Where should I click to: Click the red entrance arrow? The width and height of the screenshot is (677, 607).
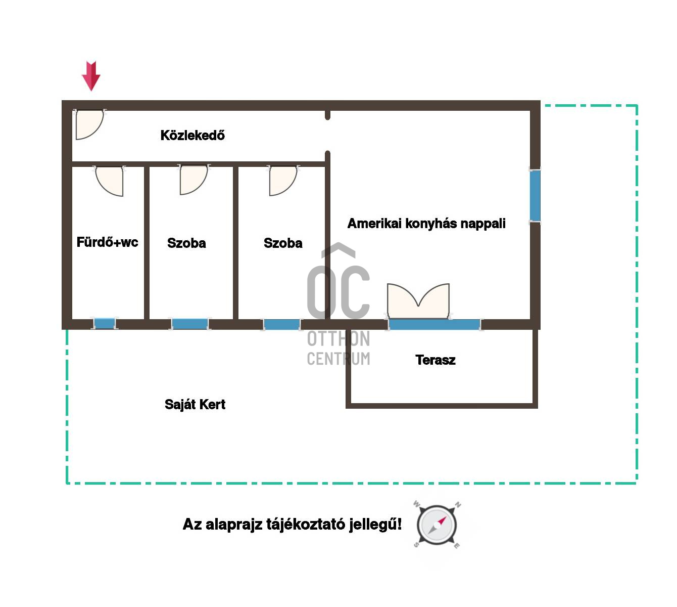pos(91,76)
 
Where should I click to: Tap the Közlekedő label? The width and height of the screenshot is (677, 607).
pos(192,135)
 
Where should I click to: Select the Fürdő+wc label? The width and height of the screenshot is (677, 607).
pos(107,242)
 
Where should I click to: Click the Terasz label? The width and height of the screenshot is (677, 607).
pos(435,360)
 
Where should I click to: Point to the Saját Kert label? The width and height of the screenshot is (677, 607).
pos(195,404)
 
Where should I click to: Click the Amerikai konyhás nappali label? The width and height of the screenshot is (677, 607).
pos(426,224)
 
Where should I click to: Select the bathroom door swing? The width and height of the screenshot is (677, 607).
pos(109,181)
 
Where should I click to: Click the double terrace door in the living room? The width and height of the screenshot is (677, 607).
pos(418,301)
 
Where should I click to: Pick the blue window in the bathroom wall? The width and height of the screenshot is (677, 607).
pos(104,323)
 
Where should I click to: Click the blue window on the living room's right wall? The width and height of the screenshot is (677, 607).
pos(535,195)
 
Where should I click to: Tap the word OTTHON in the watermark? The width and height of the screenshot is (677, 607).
pos(338,338)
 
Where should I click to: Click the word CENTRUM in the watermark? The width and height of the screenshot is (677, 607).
pos(338,358)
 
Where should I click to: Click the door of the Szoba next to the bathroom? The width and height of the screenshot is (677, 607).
pos(194,180)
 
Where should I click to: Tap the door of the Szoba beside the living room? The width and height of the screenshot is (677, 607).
pos(283,181)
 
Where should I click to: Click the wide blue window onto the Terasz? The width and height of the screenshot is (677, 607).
pos(434,324)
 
